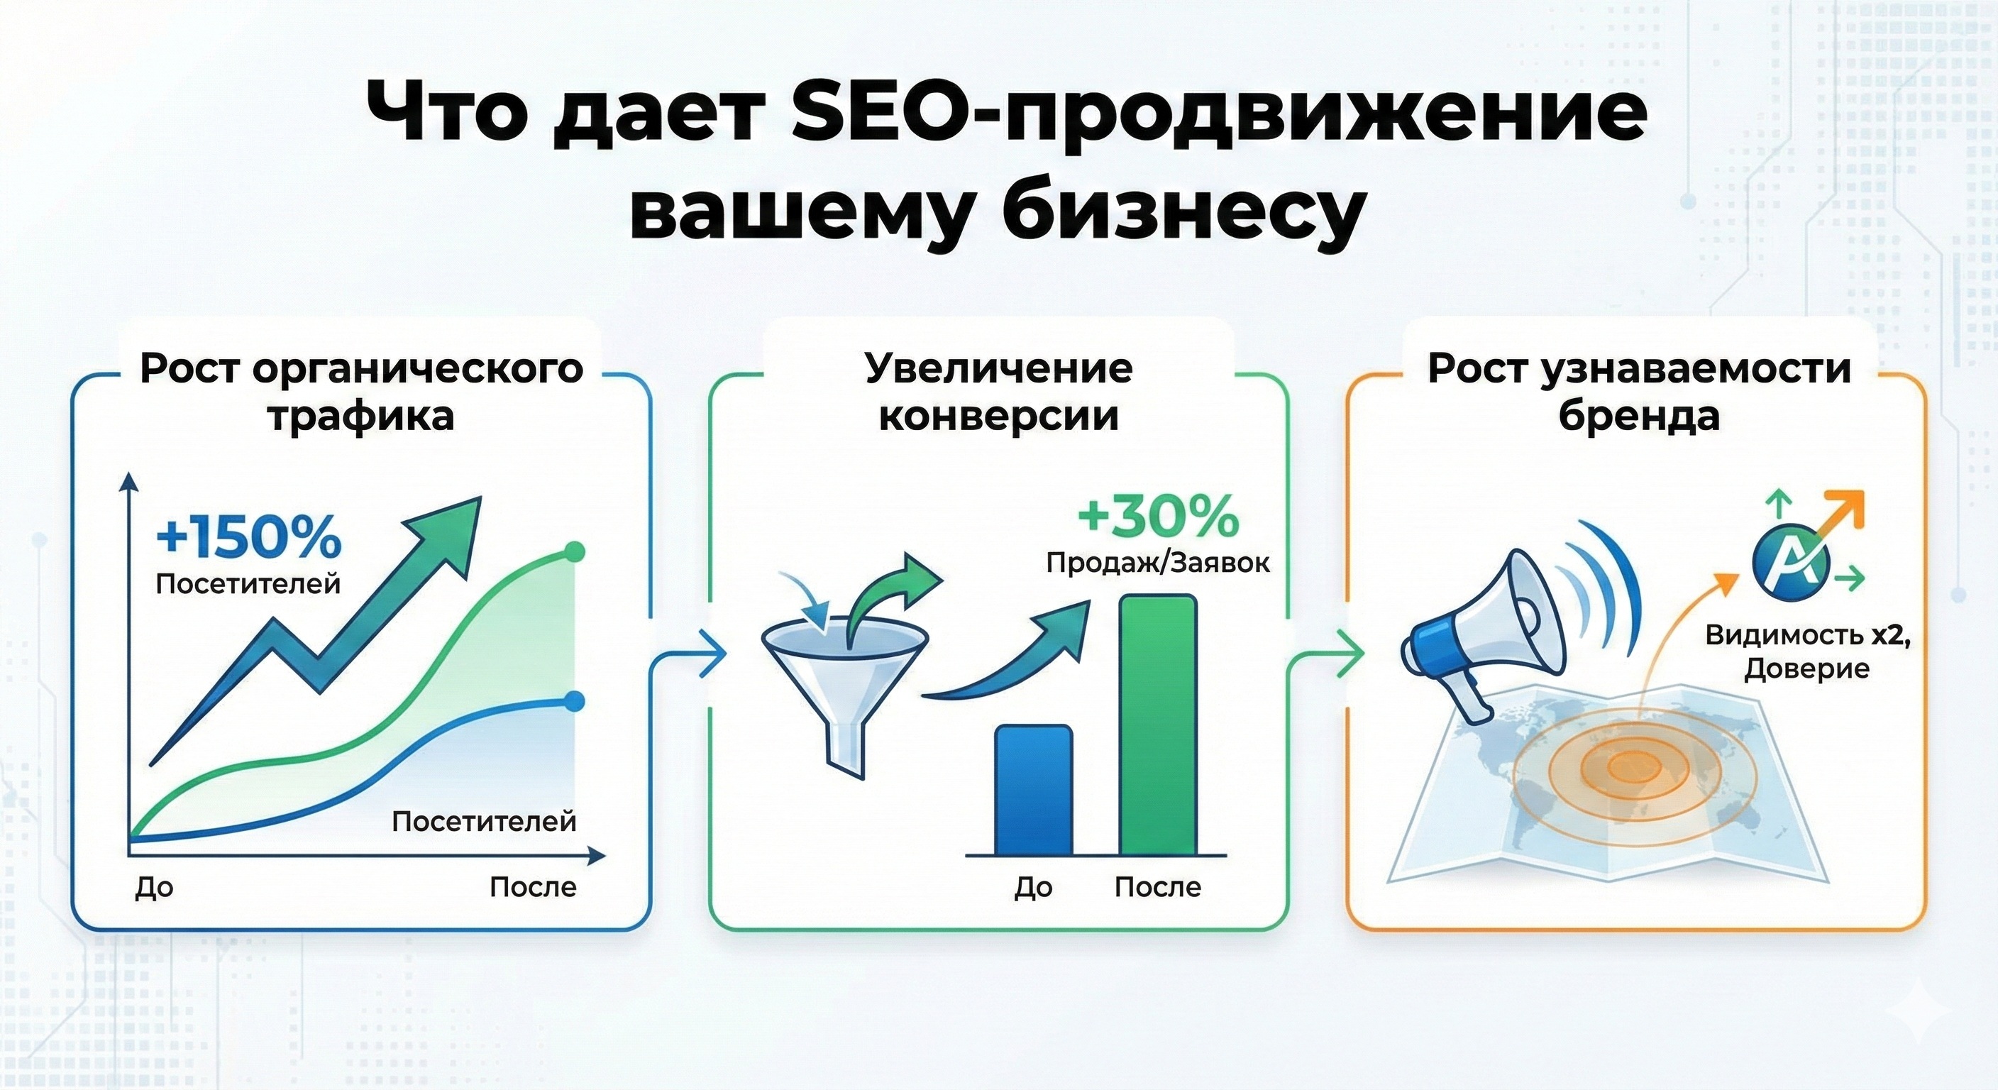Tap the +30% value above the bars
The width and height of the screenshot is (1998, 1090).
tap(1158, 516)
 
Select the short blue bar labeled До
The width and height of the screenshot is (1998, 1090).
tap(1033, 790)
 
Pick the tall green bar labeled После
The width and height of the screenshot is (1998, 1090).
tap(1158, 725)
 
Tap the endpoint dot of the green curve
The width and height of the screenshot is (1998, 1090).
tap(574, 551)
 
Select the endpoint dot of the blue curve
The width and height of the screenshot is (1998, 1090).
tap(574, 701)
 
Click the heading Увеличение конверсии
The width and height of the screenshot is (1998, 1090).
tap(999, 392)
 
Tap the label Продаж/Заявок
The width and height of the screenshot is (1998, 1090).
tap(1158, 563)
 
